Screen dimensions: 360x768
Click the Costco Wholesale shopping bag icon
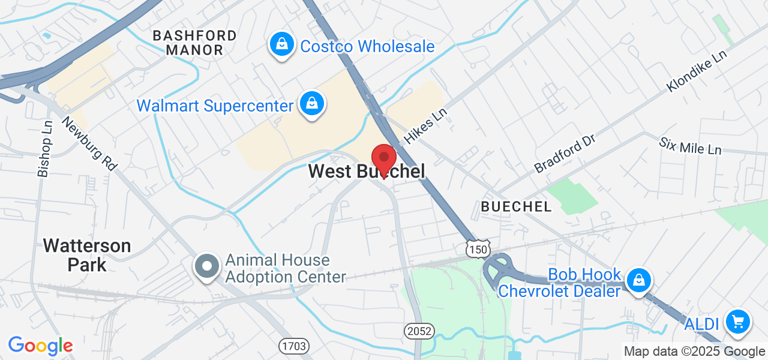click(280, 45)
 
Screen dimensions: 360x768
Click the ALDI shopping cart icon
click(738, 323)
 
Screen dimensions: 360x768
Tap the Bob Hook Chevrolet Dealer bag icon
click(639, 280)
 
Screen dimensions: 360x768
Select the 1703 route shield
click(293, 346)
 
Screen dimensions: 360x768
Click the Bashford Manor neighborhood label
click(194, 43)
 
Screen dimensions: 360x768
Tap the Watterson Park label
click(87, 255)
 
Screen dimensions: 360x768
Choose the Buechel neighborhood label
click(516, 207)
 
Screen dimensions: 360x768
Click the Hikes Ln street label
click(426, 126)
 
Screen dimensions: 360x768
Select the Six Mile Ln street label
click(690, 146)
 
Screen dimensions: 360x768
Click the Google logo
click(40, 346)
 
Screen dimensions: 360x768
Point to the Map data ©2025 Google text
click(694, 352)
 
